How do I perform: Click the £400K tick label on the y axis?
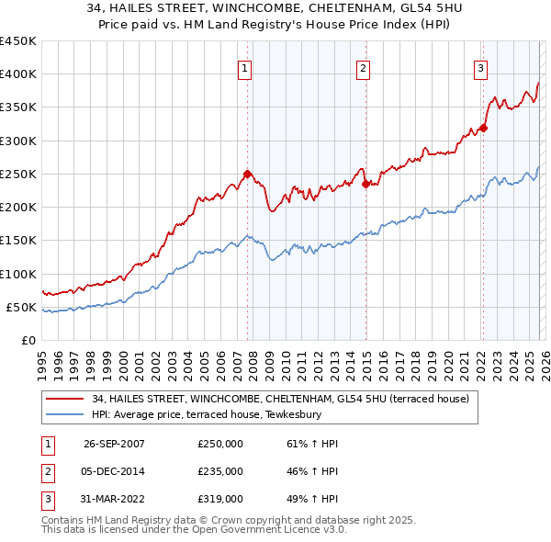[x=18, y=74]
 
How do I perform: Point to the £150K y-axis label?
[x=18, y=241]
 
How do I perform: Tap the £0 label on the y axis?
[x=28, y=341]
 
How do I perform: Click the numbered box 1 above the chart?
[x=246, y=67]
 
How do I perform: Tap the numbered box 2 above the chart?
[x=364, y=67]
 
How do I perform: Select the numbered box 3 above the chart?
[x=480, y=67]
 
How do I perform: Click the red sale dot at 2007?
[x=248, y=174]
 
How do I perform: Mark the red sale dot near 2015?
[x=365, y=184]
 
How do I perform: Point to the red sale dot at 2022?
[x=484, y=128]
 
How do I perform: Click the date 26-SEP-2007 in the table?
[x=114, y=444]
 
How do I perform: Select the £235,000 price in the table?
[x=220, y=471]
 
